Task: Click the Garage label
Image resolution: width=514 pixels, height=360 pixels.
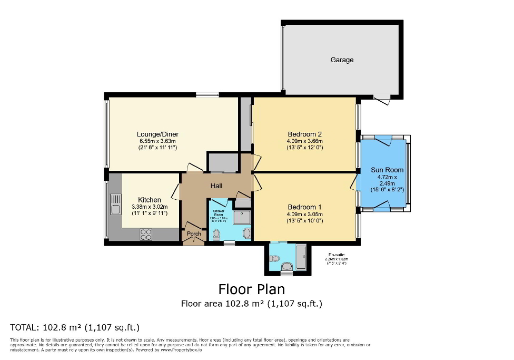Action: [342, 60]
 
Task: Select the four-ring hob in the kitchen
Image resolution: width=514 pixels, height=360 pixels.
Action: [146, 235]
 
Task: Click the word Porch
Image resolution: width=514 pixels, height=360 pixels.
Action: [194, 234]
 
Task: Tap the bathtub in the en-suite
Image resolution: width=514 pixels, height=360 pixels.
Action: [301, 258]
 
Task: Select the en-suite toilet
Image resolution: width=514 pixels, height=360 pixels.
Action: [274, 258]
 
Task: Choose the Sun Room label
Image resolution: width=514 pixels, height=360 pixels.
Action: [387, 170]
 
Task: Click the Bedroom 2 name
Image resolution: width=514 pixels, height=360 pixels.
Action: [304, 134]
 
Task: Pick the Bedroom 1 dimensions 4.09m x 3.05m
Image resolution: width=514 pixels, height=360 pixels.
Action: [304, 214]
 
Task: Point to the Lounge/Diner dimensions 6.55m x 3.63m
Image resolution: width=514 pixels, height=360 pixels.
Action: [157, 141]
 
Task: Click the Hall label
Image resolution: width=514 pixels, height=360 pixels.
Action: [216, 186]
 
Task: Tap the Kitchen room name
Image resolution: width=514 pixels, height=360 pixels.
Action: [150, 200]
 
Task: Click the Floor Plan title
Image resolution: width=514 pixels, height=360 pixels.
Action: [251, 289]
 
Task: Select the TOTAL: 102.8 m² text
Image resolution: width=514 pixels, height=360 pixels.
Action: [75, 327]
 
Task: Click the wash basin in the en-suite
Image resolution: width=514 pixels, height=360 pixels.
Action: [287, 266]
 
